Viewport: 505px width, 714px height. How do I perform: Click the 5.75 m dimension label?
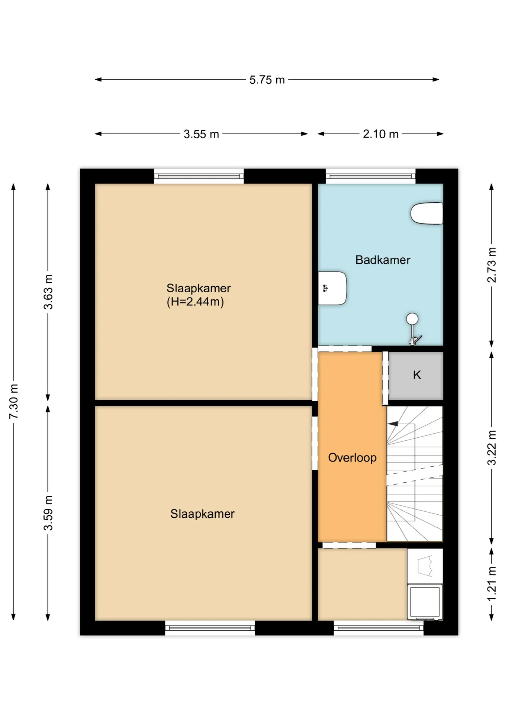pyautogui.click(x=267, y=80)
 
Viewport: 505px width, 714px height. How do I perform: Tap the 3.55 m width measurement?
pyautogui.click(x=201, y=134)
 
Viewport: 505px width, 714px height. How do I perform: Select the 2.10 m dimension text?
pyautogui.click(x=380, y=134)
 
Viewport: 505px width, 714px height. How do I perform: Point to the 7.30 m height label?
pyautogui.click(x=14, y=402)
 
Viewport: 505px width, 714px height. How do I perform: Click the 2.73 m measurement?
pyautogui.click(x=492, y=265)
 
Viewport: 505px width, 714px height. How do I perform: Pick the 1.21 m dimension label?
pyautogui.click(x=492, y=583)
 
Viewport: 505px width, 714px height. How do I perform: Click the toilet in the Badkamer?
pyautogui.click(x=427, y=213)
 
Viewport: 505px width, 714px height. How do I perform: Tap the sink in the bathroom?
pyautogui.click(x=332, y=288)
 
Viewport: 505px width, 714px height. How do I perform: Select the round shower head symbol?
pyautogui.click(x=412, y=319)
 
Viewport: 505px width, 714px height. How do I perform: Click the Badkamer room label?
pyautogui.click(x=383, y=260)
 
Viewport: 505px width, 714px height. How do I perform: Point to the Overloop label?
pyautogui.click(x=352, y=457)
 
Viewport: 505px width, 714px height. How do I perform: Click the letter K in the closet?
pyautogui.click(x=417, y=375)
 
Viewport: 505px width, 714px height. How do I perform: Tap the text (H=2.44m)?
pyautogui.click(x=195, y=302)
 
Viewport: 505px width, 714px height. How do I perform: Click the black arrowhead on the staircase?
pyautogui.click(x=393, y=424)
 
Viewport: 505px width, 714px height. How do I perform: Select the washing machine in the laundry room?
pyautogui.click(x=425, y=602)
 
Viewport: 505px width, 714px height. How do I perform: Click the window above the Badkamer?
pyautogui.click(x=370, y=176)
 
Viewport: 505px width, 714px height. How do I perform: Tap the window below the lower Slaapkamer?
pyautogui.click(x=210, y=628)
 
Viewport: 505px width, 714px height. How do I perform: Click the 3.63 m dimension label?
pyautogui.click(x=48, y=292)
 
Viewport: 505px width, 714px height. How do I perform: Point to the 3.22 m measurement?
pyautogui.click(x=492, y=448)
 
